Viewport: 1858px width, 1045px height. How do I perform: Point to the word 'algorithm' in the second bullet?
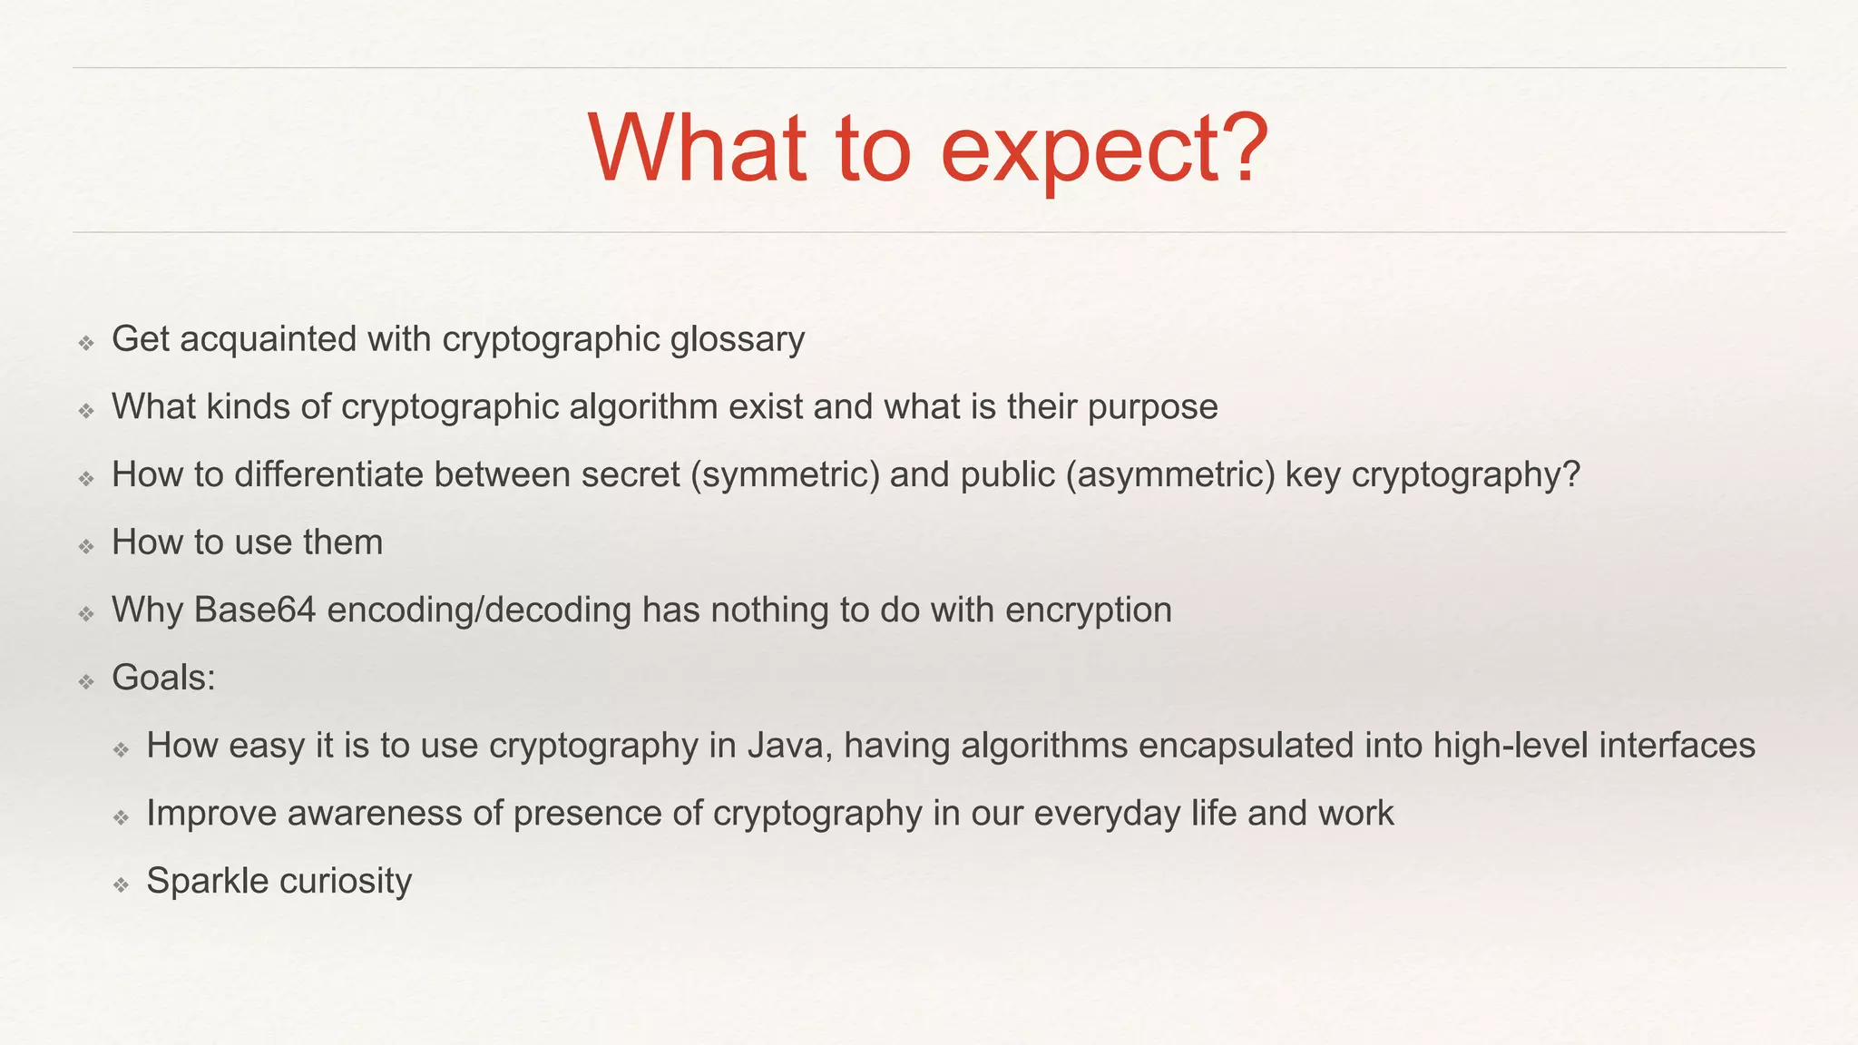643,407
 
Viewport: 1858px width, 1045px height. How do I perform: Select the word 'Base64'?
255,610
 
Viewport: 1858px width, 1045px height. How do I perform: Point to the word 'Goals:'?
163,678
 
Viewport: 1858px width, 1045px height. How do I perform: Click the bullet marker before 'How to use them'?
86,546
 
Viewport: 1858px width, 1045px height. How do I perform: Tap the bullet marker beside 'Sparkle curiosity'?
122,884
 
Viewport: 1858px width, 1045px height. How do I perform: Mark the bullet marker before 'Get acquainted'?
86,343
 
